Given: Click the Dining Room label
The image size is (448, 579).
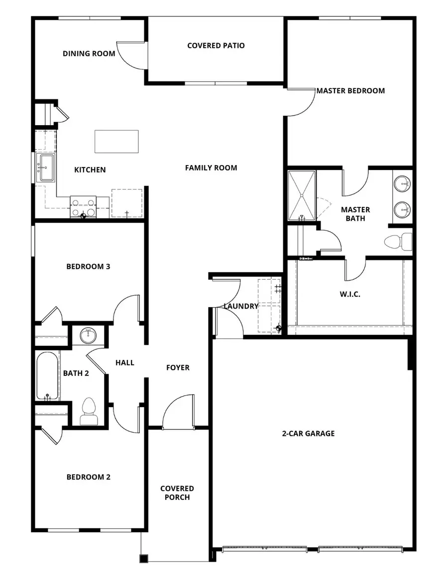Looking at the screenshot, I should click(89, 54).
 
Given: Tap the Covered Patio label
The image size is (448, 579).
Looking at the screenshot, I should click(216, 46).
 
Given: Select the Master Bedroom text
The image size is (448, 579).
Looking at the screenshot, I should click(350, 91).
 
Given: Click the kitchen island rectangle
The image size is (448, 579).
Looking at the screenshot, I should click(116, 141).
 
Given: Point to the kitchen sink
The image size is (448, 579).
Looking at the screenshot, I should click(47, 168).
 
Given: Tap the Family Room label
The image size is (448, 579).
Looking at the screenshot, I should click(211, 168).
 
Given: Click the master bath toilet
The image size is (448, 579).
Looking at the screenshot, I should click(399, 242).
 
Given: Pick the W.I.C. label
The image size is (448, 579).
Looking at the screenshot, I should click(350, 294).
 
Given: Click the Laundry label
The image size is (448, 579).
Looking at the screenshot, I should click(241, 306).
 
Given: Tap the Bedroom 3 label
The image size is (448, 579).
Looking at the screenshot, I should click(88, 267).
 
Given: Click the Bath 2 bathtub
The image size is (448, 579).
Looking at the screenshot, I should click(48, 376).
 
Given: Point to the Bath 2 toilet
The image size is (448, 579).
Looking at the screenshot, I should click(89, 412).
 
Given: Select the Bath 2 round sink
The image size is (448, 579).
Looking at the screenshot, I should click(89, 335).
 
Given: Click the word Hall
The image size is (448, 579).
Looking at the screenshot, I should click(125, 363).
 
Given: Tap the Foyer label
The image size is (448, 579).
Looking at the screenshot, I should click(178, 368).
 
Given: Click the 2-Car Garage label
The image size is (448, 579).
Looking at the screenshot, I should click(309, 433).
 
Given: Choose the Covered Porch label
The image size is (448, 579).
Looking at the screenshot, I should click(177, 493).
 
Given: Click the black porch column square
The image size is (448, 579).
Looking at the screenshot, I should click(143, 559).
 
